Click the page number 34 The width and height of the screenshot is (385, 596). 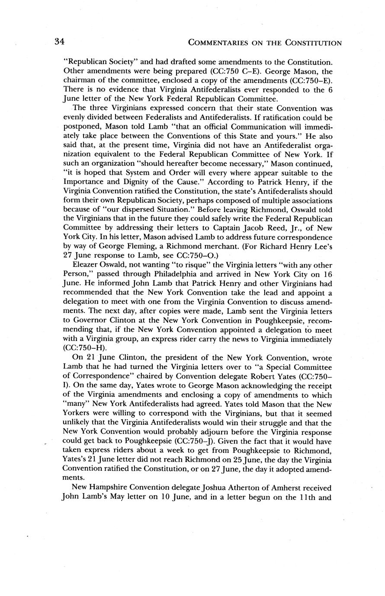(59, 42)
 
